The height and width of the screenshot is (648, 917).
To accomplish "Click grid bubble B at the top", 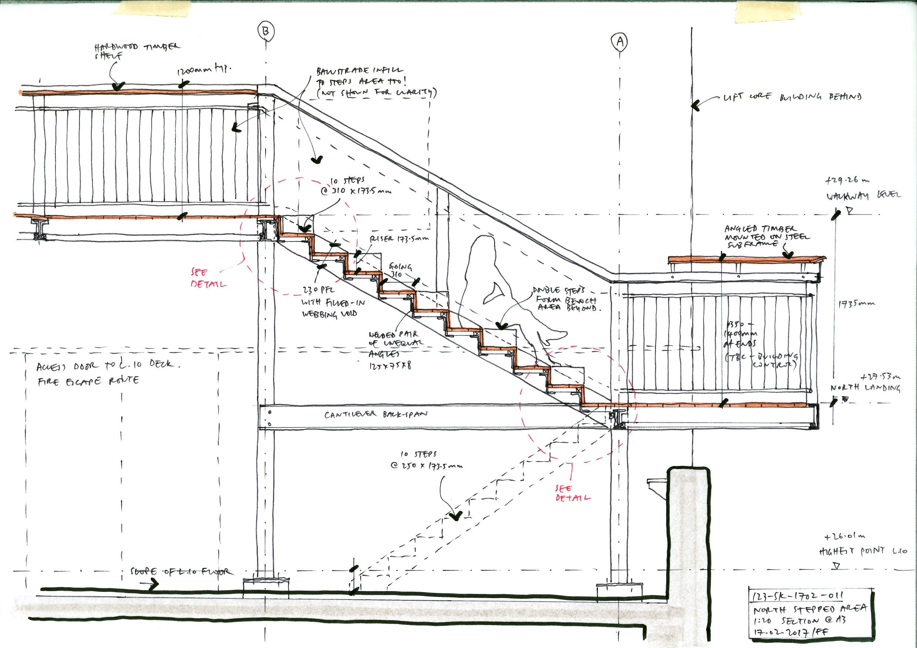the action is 266,31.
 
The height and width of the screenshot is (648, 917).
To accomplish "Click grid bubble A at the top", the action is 620,41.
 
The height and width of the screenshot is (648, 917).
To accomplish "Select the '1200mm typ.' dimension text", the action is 204,70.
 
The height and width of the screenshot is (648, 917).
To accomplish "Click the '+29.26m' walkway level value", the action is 847,180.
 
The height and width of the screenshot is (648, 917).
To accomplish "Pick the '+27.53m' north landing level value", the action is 880,376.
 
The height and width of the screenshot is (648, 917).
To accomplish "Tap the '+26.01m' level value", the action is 845,537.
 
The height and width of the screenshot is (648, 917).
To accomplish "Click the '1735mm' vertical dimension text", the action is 856,303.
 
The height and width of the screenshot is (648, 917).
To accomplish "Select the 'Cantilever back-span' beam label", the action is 375,415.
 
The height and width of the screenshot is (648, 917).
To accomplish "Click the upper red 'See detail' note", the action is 208,278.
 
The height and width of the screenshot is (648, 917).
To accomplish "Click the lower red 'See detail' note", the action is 572,493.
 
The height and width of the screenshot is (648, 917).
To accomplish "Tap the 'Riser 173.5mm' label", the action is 399,239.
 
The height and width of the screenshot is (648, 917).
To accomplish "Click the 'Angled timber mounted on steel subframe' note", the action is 766,236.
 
